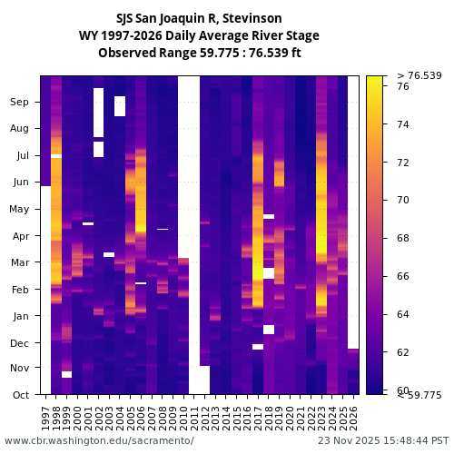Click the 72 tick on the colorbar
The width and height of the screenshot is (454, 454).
(404, 163)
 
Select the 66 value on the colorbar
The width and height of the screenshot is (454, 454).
(404, 276)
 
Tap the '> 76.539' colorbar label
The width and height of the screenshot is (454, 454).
(419, 75)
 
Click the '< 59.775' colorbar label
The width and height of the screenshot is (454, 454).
(419, 395)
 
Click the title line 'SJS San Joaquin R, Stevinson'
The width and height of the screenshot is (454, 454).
(199, 18)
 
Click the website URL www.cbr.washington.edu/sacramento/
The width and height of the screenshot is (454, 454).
(99, 440)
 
